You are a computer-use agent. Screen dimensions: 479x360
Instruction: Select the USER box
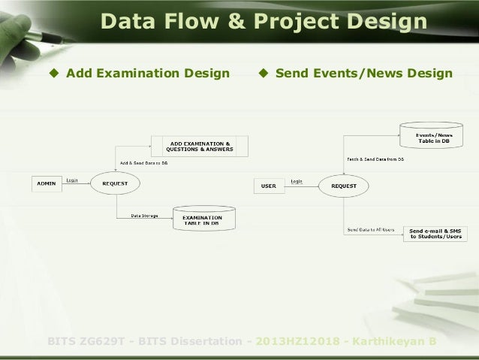tap(269, 186)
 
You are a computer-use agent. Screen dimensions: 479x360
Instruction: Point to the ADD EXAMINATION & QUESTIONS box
tap(200, 146)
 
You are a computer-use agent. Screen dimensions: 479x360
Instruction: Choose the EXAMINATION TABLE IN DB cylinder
tap(202, 219)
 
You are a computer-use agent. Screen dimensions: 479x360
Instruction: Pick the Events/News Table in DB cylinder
tap(434, 138)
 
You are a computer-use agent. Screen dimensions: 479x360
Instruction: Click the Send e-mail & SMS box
tap(436, 233)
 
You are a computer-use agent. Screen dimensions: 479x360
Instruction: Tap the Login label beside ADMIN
tap(74, 180)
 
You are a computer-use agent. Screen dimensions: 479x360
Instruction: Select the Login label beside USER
tap(297, 181)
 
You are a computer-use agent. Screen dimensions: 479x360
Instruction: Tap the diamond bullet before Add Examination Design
tap(53, 74)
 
